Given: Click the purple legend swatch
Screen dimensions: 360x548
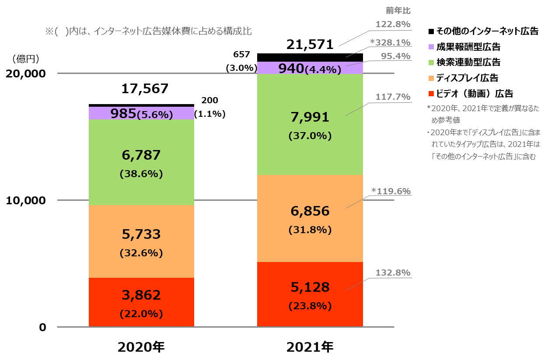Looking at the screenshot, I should (x=431, y=47).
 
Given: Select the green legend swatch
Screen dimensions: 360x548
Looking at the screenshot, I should (x=431, y=63).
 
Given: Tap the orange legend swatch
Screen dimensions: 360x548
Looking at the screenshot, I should (x=431, y=78).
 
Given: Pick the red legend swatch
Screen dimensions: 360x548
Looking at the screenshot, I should (x=431, y=94).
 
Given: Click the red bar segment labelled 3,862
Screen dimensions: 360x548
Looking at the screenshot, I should (x=141, y=302).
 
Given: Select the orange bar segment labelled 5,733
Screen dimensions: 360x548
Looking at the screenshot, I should (x=141, y=241).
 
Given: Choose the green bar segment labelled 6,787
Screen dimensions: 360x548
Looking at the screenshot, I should (x=141, y=162).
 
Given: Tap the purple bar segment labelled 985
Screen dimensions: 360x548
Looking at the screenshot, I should (x=141, y=113).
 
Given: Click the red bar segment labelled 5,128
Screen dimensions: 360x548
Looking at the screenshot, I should (x=310, y=294).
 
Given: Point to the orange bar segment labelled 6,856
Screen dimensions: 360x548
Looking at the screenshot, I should (x=310, y=218).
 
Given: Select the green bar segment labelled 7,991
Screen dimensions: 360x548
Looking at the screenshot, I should (x=310, y=124).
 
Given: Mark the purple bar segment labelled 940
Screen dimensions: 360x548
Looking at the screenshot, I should (x=310, y=68).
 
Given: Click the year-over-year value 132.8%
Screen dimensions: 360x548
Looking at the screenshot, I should (x=393, y=273).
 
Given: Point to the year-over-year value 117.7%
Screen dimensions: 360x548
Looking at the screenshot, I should (x=393, y=97).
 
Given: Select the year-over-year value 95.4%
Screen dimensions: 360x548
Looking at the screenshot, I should (x=395, y=56).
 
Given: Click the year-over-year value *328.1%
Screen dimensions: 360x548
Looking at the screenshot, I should (x=391, y=42).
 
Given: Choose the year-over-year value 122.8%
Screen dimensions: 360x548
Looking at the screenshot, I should (x=393, y=24).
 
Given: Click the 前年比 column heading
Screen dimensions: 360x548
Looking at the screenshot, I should (x=398, y=11).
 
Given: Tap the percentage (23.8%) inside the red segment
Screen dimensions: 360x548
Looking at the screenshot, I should (x=310, y=306).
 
